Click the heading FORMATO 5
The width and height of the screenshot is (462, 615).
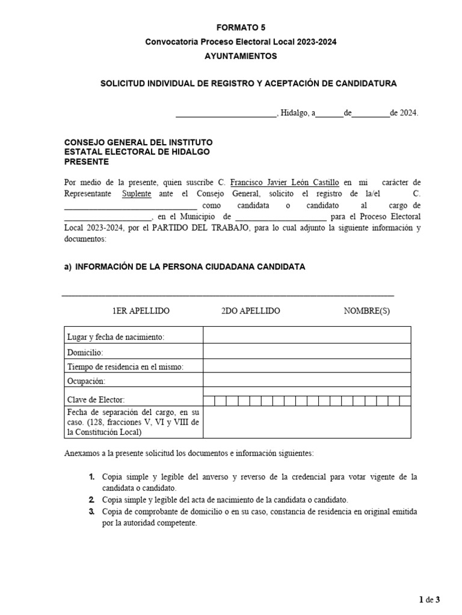coord(241,28)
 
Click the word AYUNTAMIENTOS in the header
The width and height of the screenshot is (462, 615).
coord(241,56)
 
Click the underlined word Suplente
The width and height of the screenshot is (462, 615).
coord(137,194)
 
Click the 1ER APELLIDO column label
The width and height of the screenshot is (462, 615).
coord(141,311)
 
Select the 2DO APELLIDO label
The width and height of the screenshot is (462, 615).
coord(250,311)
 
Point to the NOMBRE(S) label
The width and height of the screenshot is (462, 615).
coord(366,311)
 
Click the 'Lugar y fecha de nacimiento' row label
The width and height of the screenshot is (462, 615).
coord(116,337)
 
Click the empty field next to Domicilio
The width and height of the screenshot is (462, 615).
coord(307,352)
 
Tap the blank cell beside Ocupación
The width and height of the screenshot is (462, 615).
coord(307,381)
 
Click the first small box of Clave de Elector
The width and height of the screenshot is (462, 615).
coord(209,400)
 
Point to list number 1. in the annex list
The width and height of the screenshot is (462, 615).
coord(92,476)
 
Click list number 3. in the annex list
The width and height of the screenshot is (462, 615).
coord(92,512)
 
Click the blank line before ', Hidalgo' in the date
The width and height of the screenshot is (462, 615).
coord(225,112)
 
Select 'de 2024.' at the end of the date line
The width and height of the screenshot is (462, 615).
coord(404,112)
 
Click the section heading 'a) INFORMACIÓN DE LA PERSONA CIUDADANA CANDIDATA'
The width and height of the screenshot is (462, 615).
coord(185,267)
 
